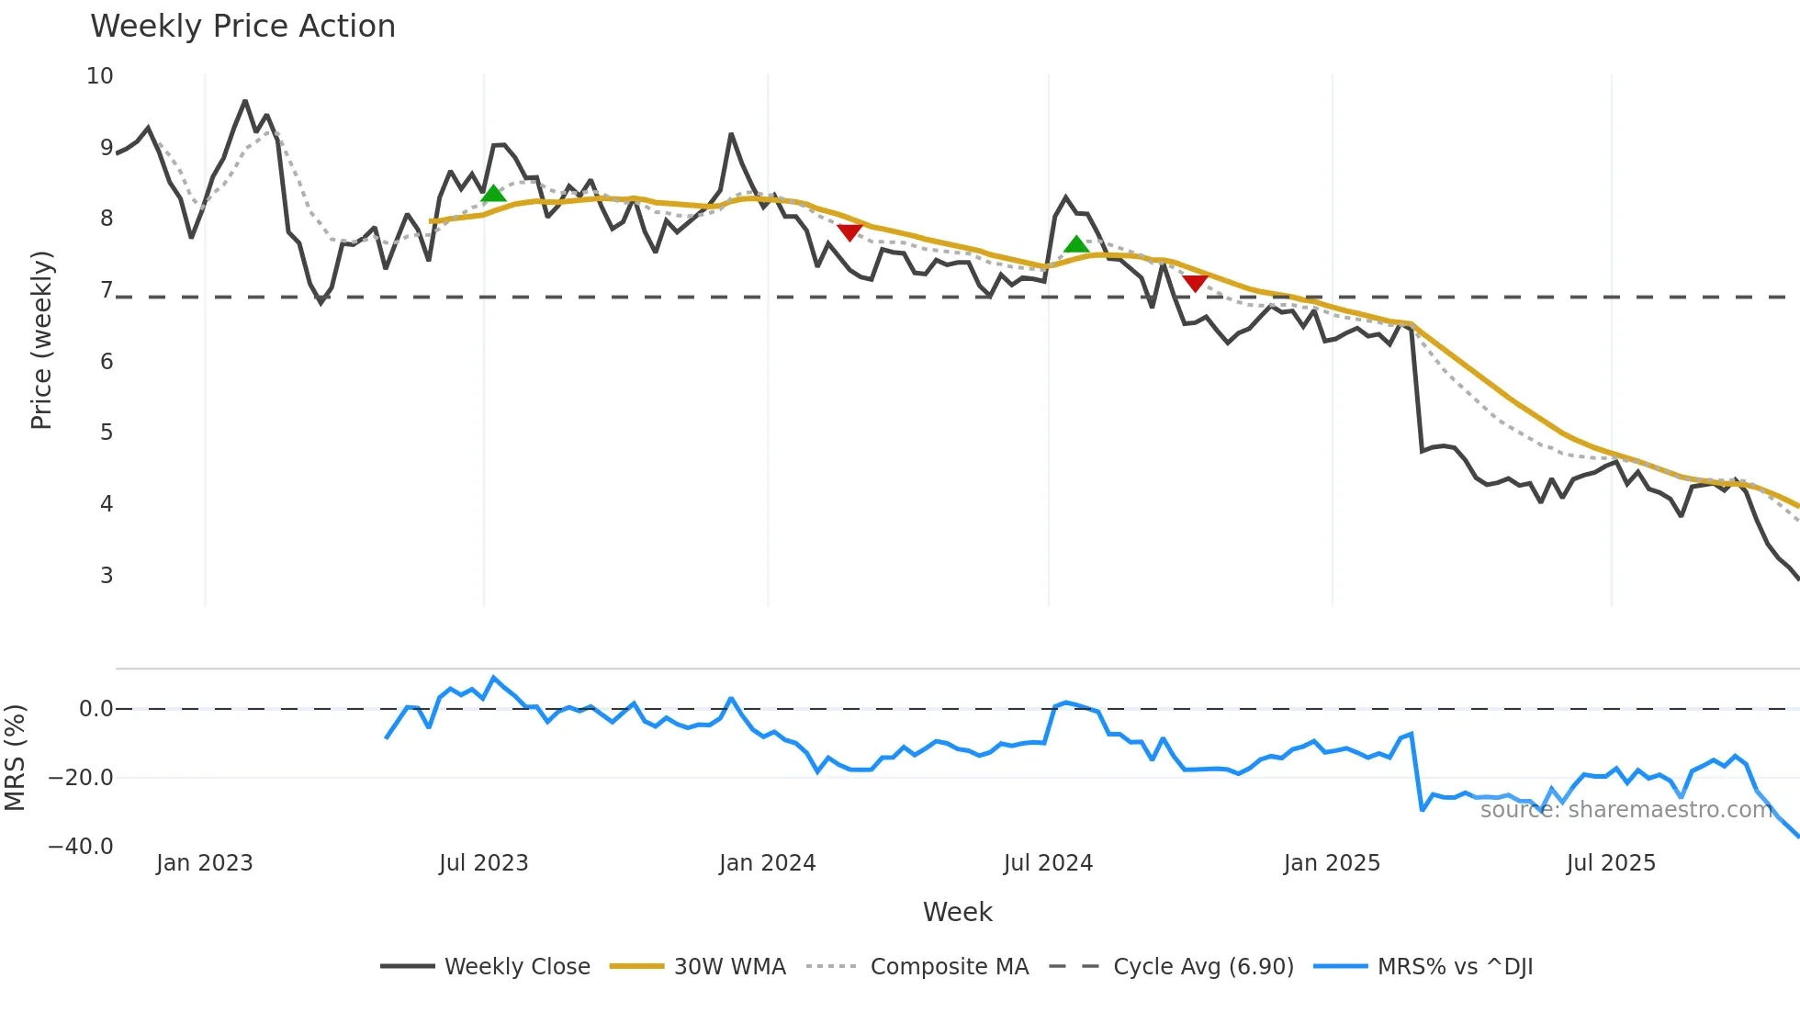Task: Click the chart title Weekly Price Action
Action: coord(242,27)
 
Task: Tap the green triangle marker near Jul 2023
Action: coord(493,194)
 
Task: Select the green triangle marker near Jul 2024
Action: coord(1076,244)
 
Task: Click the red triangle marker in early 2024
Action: coord(849,232)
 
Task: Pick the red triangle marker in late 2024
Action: coord(1195,283)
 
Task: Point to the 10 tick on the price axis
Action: coord(100,76)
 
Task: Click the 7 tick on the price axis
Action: coord(107,290)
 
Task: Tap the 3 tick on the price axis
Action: coord(107,576)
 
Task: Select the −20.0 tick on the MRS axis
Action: coord(81,778)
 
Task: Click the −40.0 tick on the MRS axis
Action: coord(81,847)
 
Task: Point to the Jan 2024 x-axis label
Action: coord(767,863)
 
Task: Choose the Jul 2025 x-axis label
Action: coord(1611,863)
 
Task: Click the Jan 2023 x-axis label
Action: coord(204,863)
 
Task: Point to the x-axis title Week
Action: coord(957,912)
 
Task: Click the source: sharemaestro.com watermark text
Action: coord(1626,810)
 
